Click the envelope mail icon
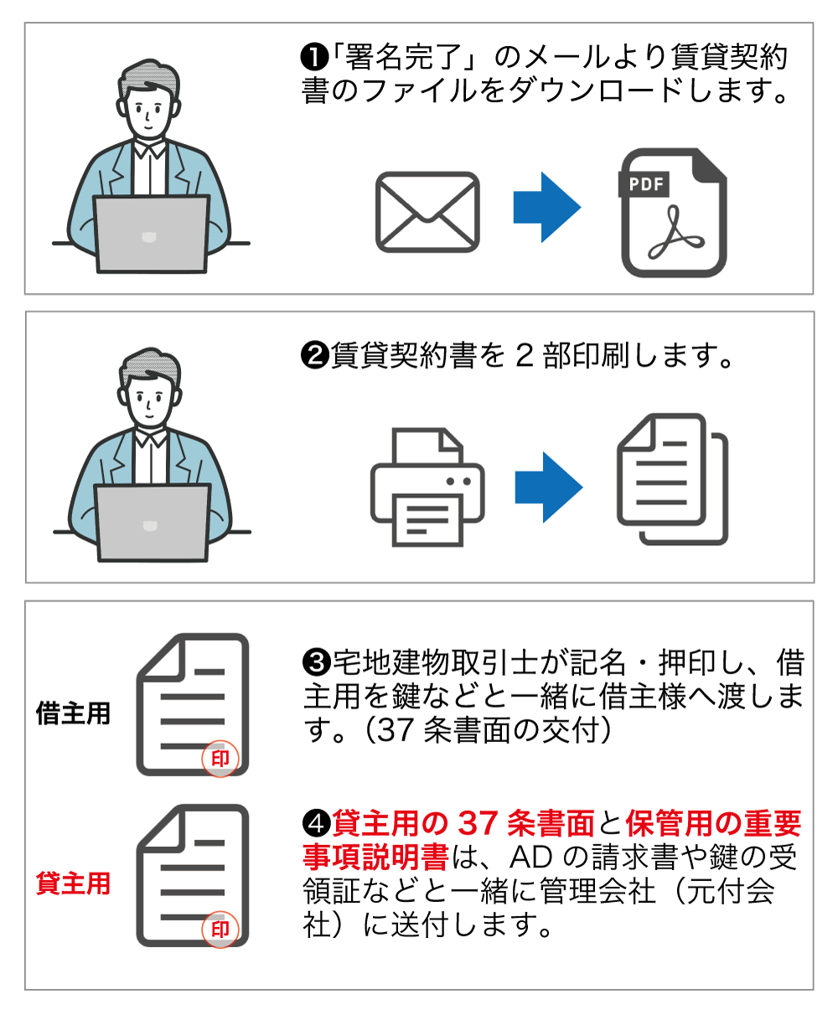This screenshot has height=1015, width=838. coord(427,212)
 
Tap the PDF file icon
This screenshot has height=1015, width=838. coord(673,214)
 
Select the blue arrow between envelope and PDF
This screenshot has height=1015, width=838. coord(546,208)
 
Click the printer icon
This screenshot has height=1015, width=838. coord(427,487)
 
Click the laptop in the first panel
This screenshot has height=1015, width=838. coord(151,234)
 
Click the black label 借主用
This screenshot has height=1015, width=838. coord(73,714)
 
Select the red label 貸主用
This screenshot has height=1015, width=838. coord(73,884)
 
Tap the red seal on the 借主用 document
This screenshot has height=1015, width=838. coord(220,759)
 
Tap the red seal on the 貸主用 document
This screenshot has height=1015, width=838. coord(220,929)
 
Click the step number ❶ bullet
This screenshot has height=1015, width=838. coord(313,58)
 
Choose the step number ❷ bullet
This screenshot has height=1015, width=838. coord(313,356)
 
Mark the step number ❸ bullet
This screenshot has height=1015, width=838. coord(316,662)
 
